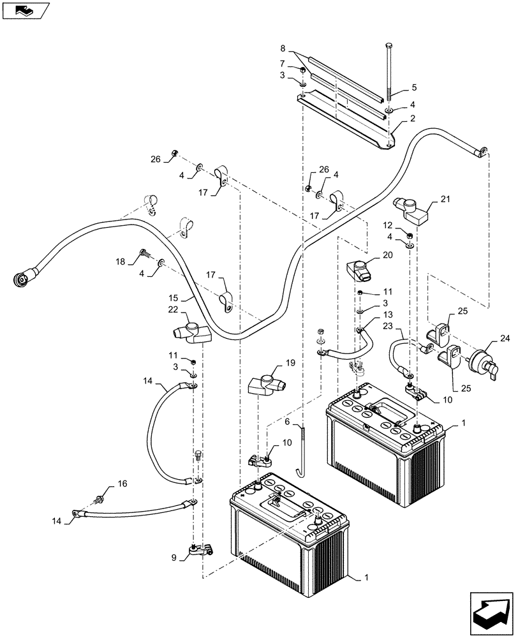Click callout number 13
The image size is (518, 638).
click(x=389, y=315)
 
